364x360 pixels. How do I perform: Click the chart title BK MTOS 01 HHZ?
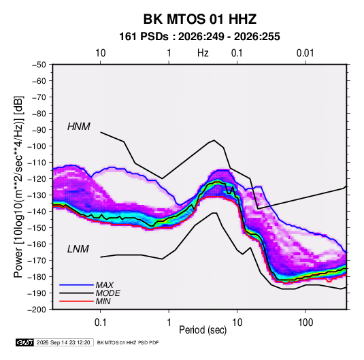click(x=200, y=19)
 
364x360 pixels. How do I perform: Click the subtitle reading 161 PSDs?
click(x=144, y=37)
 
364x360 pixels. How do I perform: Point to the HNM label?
click(x=79, y=127)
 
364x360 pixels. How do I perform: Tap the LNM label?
click(x=78, y=249)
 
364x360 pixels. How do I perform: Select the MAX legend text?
click(x=105, y=284)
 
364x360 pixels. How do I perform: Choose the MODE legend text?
click(x=108, y=293)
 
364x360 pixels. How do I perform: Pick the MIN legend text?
click(x=103, y=301)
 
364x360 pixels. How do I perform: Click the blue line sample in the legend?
click(x=76, y=285)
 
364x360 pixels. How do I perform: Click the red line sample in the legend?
click(x=76, y=301)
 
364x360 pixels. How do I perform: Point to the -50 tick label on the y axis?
click(x=39, y=65)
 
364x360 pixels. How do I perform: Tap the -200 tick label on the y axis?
click(x=37, y=310)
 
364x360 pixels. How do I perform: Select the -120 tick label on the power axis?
click(x=37, y=179)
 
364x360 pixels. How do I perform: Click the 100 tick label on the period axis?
click(x=305, y=323)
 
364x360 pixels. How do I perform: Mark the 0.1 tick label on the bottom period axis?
click(x=100, y=323)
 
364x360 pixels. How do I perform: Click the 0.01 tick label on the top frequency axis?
click(x=305, y=53)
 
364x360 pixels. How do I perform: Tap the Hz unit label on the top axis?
click(x=203, y=53)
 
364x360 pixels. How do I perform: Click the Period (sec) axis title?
click(x=203, y=330)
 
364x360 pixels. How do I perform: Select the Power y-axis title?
click(x=18, y=186)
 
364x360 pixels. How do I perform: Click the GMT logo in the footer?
click(x=25, y=342)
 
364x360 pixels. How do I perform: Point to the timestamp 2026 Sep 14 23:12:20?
click(x=63, y=342)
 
